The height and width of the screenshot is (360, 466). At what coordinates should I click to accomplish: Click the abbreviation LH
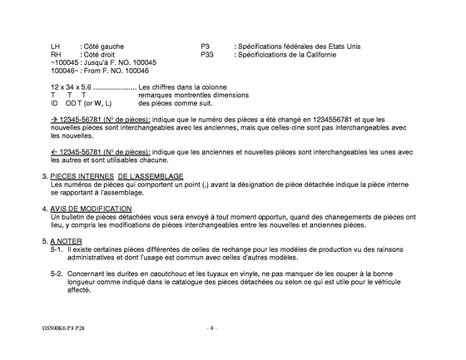click(x=55, y=45)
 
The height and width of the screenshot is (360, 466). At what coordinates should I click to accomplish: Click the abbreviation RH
click(x=55, y=53)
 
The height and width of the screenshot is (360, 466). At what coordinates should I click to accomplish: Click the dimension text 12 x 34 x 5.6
click(x=70, y=87)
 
